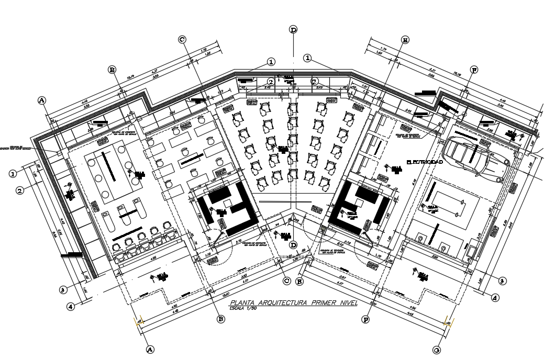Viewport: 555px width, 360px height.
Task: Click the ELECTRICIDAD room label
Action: point(425,163)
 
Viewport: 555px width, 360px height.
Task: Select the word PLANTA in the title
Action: point(244,303)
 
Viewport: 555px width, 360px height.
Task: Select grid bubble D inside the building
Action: point(293,244)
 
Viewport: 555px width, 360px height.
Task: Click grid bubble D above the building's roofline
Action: point(293,30)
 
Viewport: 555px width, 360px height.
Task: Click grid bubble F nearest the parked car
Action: point(474,70)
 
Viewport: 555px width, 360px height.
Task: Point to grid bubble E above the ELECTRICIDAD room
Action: point(405,40)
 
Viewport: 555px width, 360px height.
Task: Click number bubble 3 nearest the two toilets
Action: point(502,281)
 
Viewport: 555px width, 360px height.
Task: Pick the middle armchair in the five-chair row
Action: point(142,233)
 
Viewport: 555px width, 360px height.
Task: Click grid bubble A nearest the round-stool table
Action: point(42,100)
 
